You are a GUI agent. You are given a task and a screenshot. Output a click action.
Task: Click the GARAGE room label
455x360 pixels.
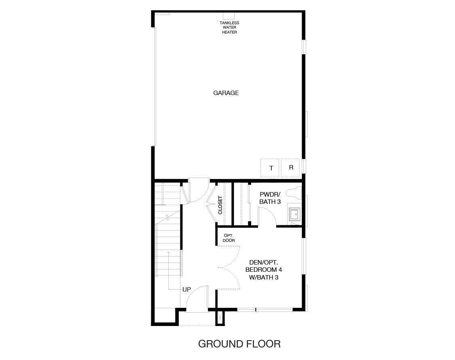click(x=226, y=93)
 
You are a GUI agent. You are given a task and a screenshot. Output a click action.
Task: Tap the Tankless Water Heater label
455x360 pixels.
click(x=229, y=28)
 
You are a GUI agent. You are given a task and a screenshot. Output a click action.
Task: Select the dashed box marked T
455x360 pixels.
click(x=271, y=168)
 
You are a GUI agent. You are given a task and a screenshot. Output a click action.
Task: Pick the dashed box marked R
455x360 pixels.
click(x=290, y=167)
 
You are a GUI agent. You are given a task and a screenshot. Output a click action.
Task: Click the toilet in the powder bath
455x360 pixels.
click(x=294, y=194)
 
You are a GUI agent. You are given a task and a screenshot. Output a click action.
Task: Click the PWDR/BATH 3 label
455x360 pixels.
click(x=270, y=198)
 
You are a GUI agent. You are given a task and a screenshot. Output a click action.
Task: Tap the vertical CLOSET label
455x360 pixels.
click(x=220, y=205)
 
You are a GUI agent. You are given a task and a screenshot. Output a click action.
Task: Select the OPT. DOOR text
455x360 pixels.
click(x=229, y=238)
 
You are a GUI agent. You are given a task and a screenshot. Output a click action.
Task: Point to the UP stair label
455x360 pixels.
click(x=186, y=290)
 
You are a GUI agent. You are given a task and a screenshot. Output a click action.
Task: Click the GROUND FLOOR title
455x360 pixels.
click(x=239, y=344)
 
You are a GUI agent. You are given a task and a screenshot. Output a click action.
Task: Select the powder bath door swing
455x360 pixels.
click(x=267, y=217)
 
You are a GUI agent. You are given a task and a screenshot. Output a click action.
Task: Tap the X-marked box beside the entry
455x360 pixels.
click(x=220, y=318)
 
